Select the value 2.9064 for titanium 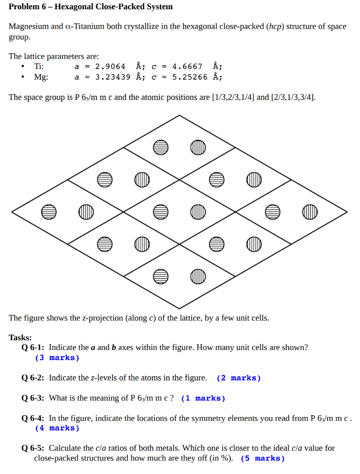tap(110, 66)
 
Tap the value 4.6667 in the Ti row tap(187, 66)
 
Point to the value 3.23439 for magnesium tap(113, 77)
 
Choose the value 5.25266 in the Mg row tap(190, 77)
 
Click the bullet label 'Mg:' tap(41, 77)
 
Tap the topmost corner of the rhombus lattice tap(179, 115)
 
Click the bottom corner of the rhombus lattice tap(179, 308)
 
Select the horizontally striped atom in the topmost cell tap(160, 147)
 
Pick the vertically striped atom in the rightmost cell tap(309, 212)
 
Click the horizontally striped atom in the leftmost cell tap(49, 212)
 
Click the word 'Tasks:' tap(20, 337)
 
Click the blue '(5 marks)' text tap(263, 458)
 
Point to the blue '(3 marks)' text tap(57, 357)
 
